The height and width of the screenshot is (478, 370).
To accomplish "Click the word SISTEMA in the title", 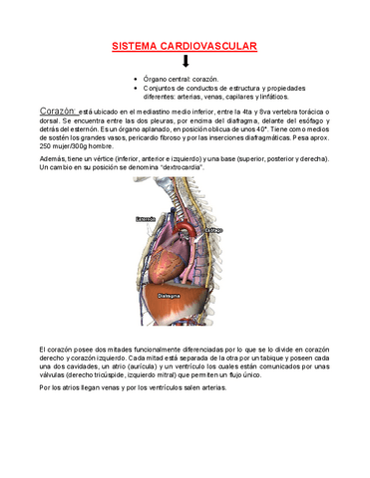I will tap(132, 47).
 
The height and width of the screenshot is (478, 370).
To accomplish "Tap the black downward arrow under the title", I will tap(185, 62).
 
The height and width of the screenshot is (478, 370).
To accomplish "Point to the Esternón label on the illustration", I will tap(145, 220).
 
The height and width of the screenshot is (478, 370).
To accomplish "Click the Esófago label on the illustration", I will tap(213, 229).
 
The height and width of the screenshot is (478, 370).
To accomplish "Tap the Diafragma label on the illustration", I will tap(170, 295).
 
